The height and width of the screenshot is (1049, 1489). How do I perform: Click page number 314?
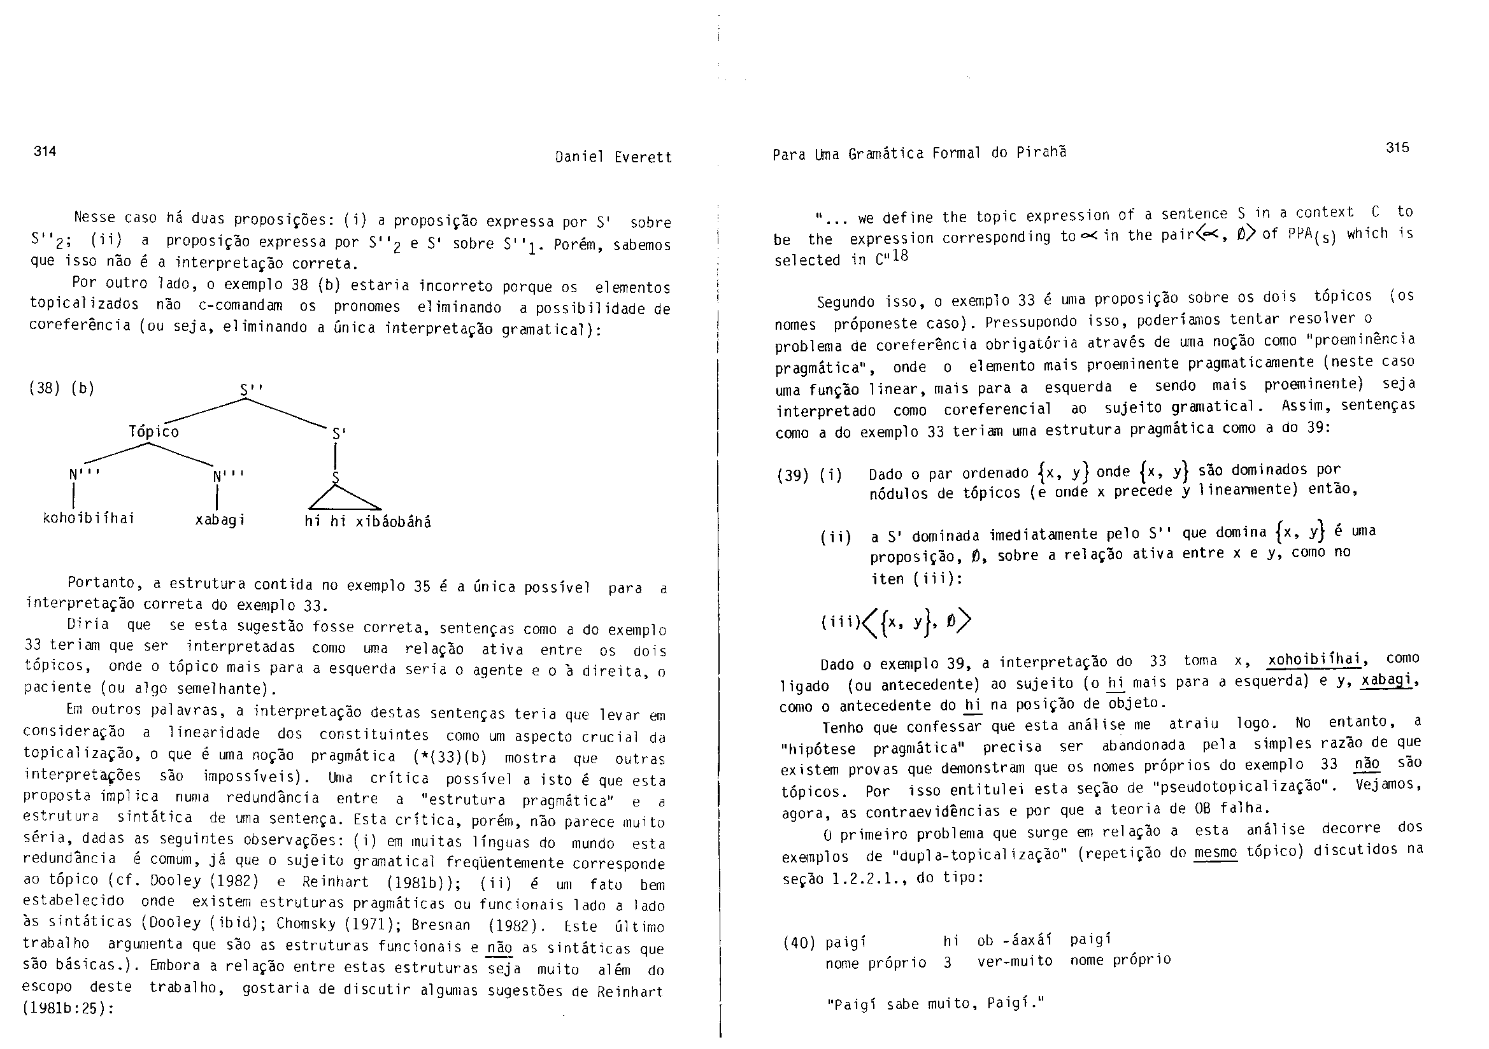pos(45,151)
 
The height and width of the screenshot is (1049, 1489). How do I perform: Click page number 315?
pos(1397,147)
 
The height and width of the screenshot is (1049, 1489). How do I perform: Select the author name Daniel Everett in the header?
pos(613,157)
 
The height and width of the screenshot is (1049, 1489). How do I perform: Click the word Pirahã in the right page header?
pos(1041,153)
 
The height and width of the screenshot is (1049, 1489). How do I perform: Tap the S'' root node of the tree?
pos(251,390)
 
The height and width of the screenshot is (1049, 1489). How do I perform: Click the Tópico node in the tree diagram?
pos(153,431)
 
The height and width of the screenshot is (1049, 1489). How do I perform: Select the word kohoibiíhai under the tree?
pos(88,518)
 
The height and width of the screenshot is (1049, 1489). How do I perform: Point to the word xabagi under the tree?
pos(220,520)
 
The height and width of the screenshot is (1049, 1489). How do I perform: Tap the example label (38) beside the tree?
pos(45,388)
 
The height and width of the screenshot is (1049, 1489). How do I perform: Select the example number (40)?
pos(799,943)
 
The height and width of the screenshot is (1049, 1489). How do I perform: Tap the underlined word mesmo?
pos(1215,852)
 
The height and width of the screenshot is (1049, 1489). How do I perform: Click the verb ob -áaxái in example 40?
pos(1015,940)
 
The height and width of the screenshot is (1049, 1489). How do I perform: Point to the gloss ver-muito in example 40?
pos(1015,961)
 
